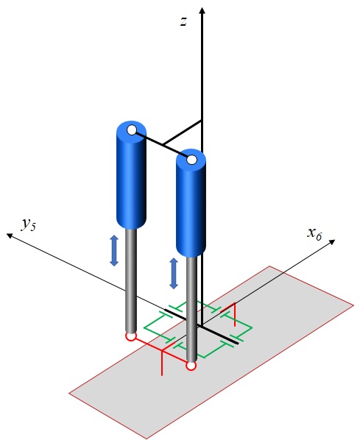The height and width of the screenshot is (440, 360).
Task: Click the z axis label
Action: [x=183, y=21]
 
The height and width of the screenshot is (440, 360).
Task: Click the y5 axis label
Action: [x=29, y=224]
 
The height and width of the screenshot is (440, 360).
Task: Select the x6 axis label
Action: [x=314, y=233]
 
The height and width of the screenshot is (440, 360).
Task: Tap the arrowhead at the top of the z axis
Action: [x=202, y=10]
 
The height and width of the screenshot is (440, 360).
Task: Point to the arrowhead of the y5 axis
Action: [x=10, y=235]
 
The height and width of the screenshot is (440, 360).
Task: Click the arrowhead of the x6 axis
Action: [x=332, y=242]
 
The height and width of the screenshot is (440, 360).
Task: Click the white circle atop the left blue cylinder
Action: [x=132, y=130]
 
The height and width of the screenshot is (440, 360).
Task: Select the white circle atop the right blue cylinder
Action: [x=192, y=160]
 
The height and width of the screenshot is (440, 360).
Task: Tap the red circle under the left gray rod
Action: [x=131, y=336]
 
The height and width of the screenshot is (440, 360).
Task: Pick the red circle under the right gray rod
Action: [x=191, y=366]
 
